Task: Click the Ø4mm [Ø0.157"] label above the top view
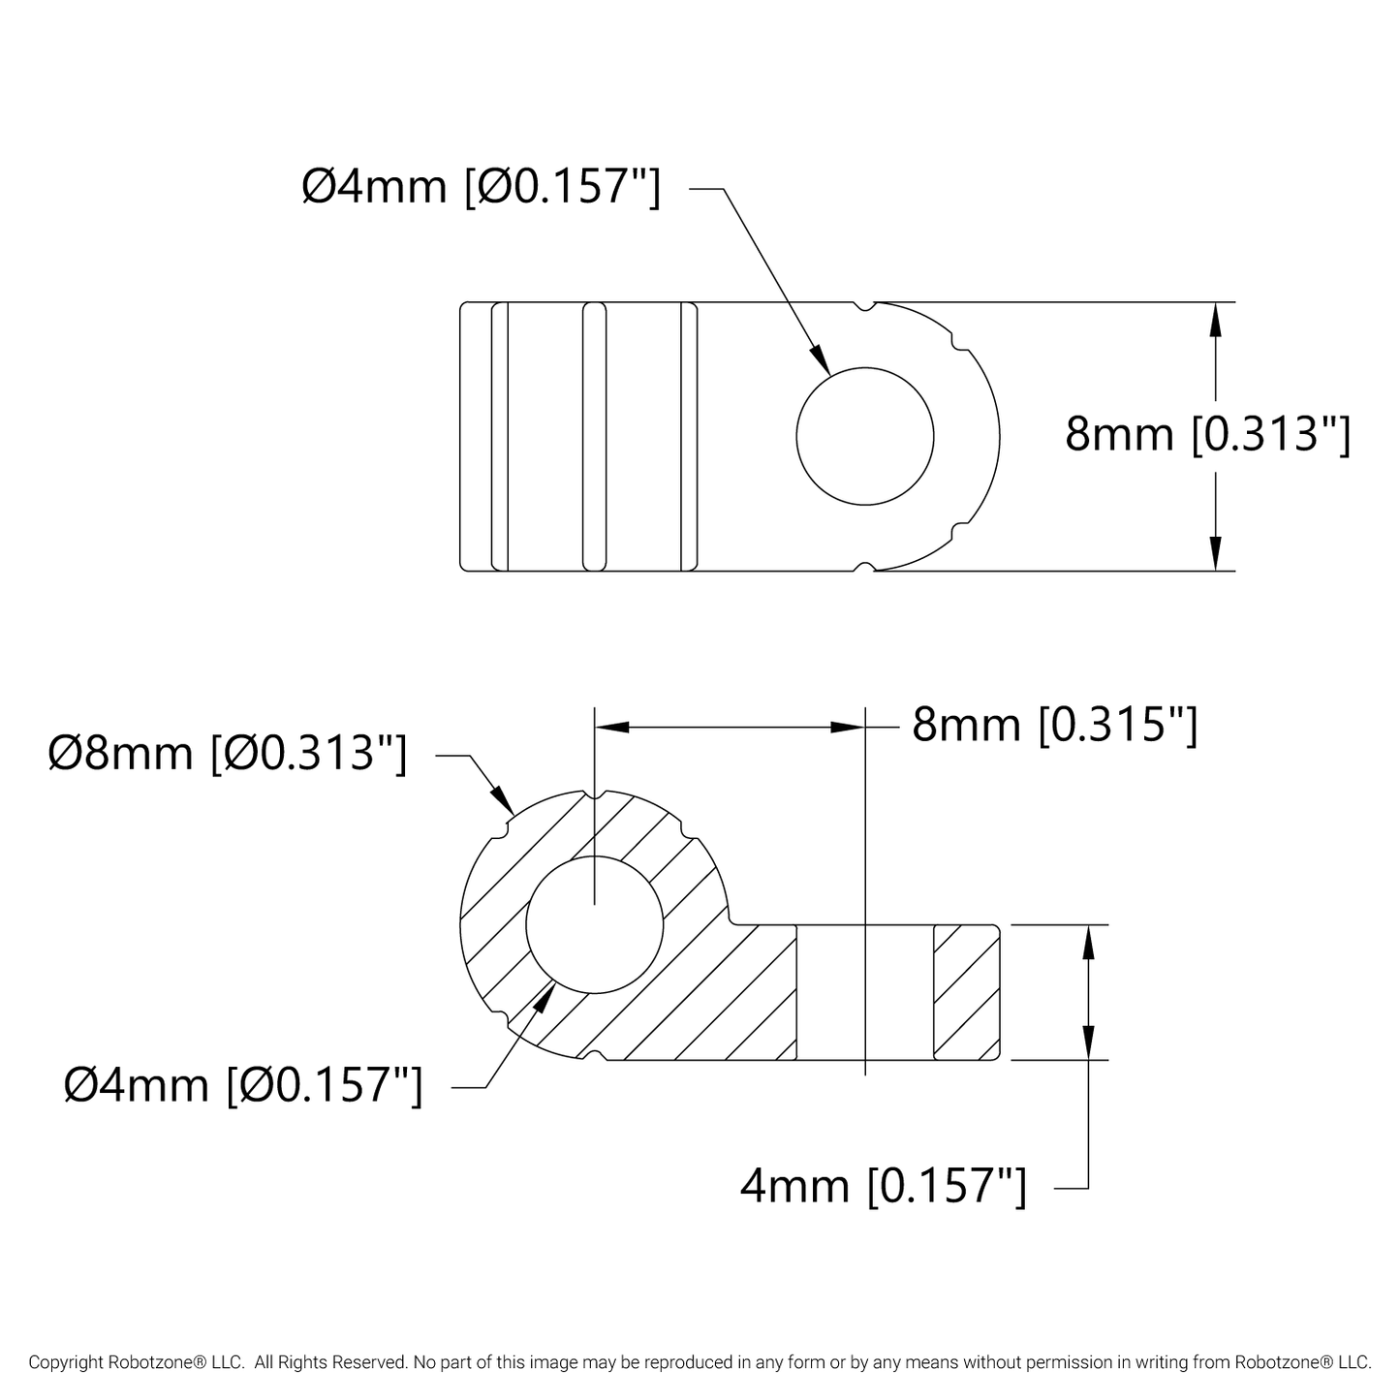482,186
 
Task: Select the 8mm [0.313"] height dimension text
1207,434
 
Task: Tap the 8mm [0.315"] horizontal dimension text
1055,724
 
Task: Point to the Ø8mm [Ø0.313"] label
228,753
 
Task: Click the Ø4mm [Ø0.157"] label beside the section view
243,1084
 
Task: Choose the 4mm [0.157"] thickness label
883,1185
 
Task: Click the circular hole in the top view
864,436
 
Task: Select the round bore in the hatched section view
595,925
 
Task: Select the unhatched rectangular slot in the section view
864,992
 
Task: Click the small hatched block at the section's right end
966,992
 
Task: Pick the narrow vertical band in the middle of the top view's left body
595,436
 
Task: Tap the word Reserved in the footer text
372,1362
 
